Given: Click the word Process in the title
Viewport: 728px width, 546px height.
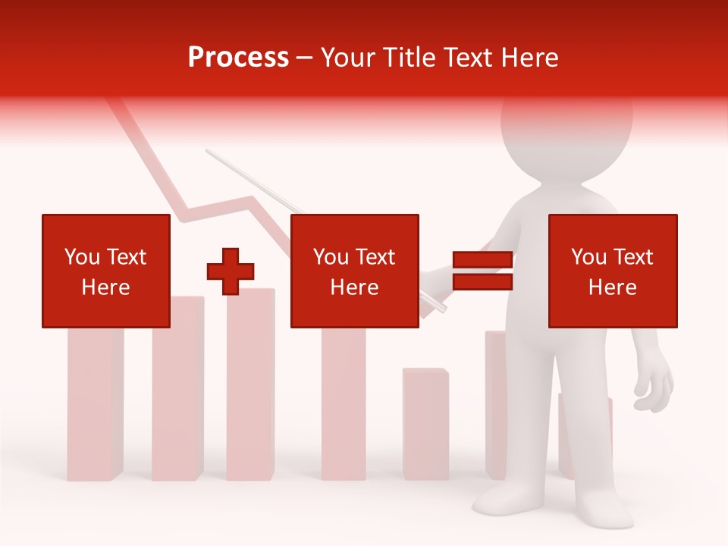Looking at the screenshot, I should (x=238, y=58).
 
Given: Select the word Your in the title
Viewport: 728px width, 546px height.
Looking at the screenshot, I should (x=347, y=58).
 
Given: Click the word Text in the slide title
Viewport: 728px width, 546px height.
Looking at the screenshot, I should (x=466, y=58).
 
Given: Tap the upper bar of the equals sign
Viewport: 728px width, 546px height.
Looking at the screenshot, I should (x=482, y=259).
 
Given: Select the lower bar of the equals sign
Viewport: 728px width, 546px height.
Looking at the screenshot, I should (x=482, y=282).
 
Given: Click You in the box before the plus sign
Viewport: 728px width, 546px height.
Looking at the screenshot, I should (x=82, y=257).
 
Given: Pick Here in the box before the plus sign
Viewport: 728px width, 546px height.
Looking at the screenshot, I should (x=105, y=287).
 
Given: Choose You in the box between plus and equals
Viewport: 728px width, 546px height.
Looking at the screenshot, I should (x=331, y=257).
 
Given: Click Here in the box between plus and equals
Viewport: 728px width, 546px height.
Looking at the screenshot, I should (x=354, y=287).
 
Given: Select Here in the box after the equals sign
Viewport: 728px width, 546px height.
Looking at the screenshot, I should (x=612, y=287).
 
